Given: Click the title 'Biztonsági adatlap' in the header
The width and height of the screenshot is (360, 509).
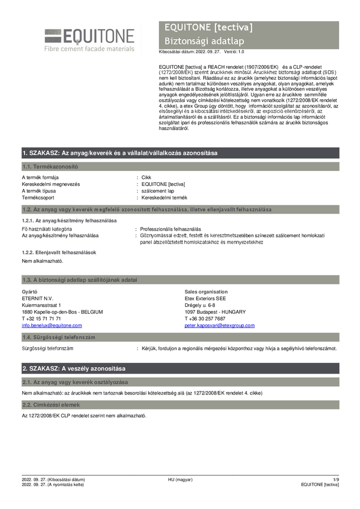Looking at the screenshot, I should (204, 41).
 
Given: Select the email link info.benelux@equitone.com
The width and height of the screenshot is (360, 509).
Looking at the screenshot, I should (51, 325).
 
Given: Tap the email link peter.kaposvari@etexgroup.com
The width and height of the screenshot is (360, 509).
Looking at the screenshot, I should (219, 325).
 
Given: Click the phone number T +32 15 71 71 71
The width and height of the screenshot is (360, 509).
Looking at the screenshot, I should (41, 319).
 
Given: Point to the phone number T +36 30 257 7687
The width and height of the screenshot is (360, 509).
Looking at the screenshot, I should (205, 319).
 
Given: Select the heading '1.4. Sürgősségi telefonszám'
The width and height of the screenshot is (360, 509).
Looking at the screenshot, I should (58, 337).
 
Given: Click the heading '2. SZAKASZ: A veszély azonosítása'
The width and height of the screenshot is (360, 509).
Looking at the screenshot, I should (74, 369).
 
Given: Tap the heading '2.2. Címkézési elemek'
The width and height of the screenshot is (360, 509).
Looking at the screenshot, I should (50, 405).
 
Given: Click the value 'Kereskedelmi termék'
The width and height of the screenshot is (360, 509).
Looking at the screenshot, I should (164, 197).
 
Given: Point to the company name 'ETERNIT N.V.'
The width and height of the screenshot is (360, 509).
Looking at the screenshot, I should (37, 298).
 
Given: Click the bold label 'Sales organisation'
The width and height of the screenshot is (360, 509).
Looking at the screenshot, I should (206, 292).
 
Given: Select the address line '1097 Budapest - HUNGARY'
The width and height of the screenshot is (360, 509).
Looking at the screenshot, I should (215, 312).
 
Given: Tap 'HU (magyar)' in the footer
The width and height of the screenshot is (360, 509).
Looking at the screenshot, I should (180, 479).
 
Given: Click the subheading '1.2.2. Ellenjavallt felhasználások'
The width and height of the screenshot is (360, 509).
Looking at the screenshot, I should (59, 252).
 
